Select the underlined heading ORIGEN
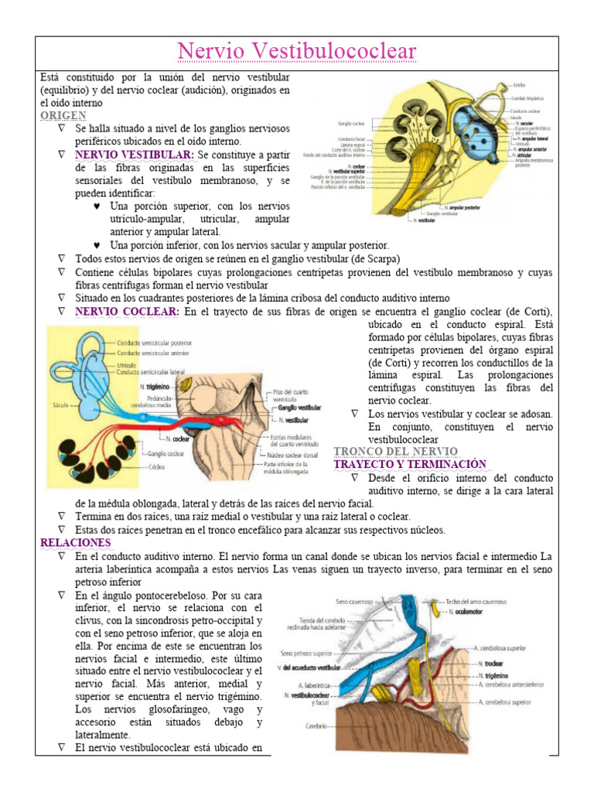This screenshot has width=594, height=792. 63,115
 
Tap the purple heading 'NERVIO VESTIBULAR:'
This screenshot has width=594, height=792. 128,155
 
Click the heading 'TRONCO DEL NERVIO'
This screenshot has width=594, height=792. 395,451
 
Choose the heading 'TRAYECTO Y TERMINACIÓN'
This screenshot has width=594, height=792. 409,464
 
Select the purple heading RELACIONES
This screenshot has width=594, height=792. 76,543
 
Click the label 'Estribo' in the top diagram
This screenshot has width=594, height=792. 517,84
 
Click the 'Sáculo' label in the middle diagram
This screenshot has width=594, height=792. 59,403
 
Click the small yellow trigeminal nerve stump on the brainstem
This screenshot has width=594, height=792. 186,384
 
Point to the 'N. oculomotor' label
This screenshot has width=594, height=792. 472,612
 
